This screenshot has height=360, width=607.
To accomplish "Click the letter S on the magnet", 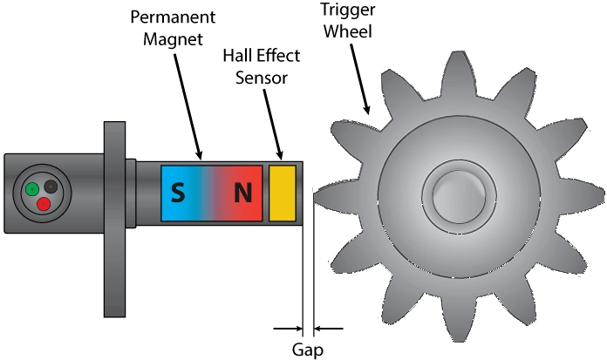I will tap(178, 191).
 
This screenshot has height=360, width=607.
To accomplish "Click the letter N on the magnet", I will tap(242, 191).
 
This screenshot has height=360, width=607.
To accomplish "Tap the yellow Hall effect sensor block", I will tap(283, 191).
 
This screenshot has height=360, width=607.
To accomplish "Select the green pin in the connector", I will tap(31, 188).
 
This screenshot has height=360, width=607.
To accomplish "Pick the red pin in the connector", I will tap(43, 204).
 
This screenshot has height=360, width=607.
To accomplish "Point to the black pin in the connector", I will tap(51, 186).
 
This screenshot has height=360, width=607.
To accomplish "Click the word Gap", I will tap(308, 350).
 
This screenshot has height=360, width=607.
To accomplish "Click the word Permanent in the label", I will tap(172, 17).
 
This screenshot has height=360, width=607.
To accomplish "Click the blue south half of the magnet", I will tap(188, 209).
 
